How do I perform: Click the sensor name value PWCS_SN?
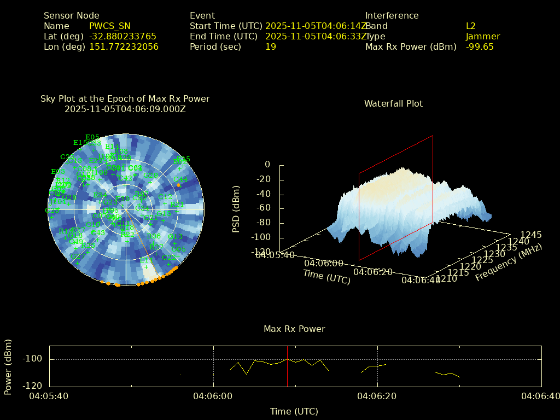[109, 26]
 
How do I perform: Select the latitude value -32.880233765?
[122, 36]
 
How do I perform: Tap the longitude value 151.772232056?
[124, 46]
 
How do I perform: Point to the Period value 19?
[271, 46]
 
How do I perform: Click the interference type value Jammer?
[483, 36]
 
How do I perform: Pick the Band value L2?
[471, 26]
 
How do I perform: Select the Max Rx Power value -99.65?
[480, 46]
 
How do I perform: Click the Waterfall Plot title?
[393, 103]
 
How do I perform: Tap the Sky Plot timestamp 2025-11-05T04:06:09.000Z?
[125, 109]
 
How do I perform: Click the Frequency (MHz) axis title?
[509, 263]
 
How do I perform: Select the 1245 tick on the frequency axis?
[531, 235]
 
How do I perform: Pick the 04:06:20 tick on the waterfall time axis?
[373, 272]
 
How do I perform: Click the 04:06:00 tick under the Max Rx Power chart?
[213, 396]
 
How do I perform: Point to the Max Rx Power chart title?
[294, 329]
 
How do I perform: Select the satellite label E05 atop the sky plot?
[92, 137]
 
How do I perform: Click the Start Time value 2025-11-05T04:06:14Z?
[316, 26]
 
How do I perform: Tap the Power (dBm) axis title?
[8, 366]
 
